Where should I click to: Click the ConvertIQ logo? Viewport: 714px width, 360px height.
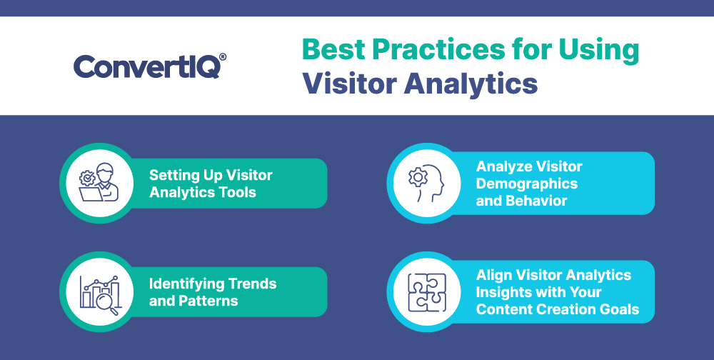pos(150,66)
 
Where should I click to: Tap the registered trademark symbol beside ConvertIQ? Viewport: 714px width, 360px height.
pos(223,56)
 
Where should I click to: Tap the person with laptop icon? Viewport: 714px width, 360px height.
pos(99,182)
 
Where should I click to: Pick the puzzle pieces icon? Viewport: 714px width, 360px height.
pos(427,292)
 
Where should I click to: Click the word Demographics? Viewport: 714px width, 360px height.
pos(527,184)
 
